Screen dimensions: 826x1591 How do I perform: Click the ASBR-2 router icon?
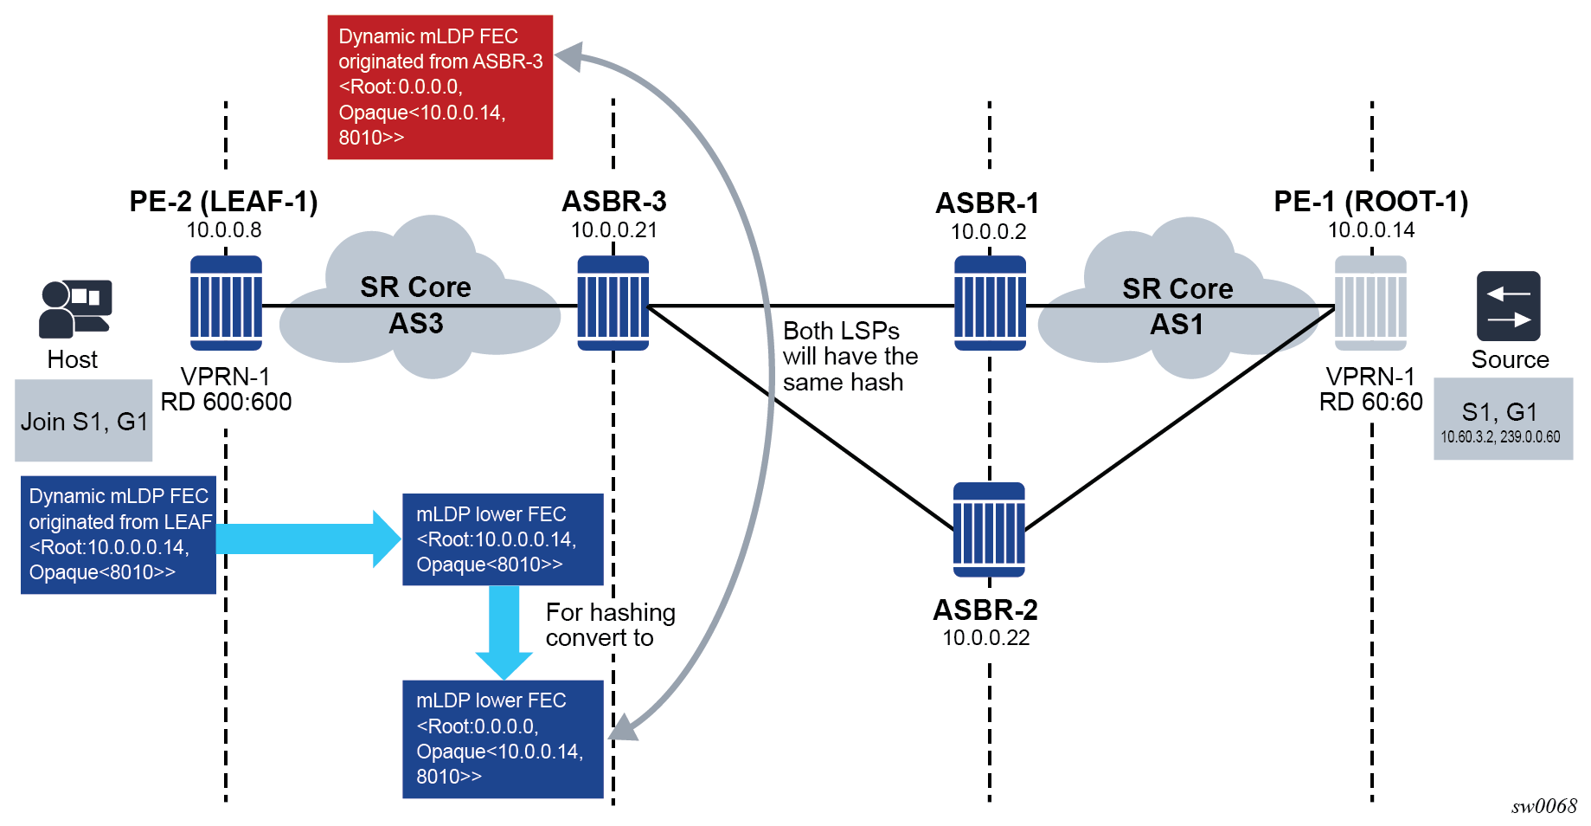pyautogui.click(x=988, y=529)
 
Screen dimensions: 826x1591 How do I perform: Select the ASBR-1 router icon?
pyautogui.click(x=990, y=303)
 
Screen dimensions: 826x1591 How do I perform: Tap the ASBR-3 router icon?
pyautogui.click(x=613, y=303)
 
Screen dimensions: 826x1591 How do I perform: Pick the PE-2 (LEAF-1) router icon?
pyautogui.click(x=226, y=303)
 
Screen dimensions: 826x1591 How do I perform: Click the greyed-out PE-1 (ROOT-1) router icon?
pyautogui.click(x=1370, y=303)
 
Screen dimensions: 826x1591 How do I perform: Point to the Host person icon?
pyautogui.click(x=74, y=308)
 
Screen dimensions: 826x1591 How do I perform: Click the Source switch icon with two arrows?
pyautogui.click(x=1508, y=307)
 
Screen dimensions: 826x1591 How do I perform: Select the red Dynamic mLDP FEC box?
pyautogui.click(x=439, y=87)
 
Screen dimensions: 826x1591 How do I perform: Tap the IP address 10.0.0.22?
pyautogui.click(x=985, y=638)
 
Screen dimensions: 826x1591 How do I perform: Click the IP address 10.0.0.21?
pyautogui.click(x=613, y=230)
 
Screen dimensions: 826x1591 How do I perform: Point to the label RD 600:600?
pyautogui.click(x=226, y=402)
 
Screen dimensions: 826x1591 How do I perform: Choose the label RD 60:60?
pyautogui.click(x=1370, y=402)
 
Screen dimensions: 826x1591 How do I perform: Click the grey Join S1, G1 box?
pyautogui.click(x=83, y=421)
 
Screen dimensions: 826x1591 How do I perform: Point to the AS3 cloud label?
pyautogui.click(x=415, y=324)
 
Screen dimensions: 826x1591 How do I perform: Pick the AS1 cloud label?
pyautogui.click(x=1177, y=325)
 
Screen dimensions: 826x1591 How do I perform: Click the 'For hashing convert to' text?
pyautogui.click(x=609, y=625)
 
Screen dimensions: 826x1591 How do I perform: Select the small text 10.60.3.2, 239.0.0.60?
pyautogui.click(x=1500, y=437)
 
